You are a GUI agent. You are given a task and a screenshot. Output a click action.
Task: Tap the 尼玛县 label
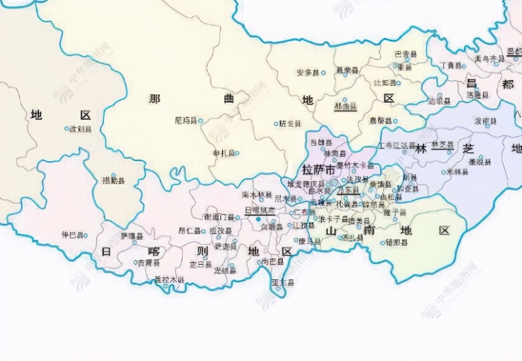click(186, 121)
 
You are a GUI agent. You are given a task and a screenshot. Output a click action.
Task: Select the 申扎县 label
click(223, 153)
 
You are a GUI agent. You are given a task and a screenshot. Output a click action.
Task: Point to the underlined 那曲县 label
click(345, 107)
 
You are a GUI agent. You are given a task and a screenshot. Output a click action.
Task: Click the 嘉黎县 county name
click(381, 121)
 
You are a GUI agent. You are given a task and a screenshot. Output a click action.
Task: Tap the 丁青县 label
click(450, 65)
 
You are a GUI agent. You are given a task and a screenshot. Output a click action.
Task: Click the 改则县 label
click(81, 129)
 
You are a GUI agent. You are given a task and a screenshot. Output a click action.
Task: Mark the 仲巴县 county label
click(72, 235)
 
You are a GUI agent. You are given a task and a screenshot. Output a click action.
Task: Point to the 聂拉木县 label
click(169, 280)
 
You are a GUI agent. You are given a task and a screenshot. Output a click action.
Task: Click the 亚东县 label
click(282, 283)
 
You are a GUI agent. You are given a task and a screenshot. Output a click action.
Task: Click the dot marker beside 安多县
click(324, 73)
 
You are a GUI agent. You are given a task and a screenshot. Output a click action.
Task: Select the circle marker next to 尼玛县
click(201, 121)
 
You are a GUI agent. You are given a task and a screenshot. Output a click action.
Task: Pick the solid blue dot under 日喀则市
click(259, 219)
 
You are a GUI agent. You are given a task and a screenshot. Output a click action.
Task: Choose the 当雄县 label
click(321, 142)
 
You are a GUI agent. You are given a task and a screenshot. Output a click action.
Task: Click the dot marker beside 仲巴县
click(85, 235)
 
